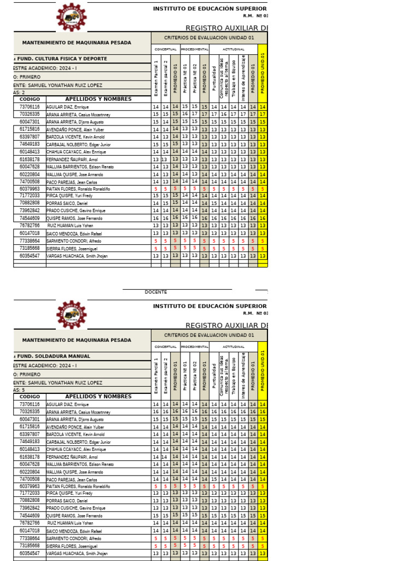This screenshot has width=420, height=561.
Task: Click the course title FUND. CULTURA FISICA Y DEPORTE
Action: [62, 59]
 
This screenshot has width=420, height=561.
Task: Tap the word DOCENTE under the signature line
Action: [156, 292]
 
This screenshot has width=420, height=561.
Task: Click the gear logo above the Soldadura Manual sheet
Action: [71, 315]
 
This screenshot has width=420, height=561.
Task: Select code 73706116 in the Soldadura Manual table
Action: [30, 404]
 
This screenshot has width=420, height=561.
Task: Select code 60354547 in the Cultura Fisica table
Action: [30, 256]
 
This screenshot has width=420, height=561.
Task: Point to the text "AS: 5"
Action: [20, 390]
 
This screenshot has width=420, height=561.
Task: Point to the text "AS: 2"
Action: [20, 93]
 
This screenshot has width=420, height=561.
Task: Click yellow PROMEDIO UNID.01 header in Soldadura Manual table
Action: [263, 371]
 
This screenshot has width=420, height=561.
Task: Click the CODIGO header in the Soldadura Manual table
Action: [30, 397]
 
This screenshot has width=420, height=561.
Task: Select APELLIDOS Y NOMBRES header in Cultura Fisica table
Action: [98, 99]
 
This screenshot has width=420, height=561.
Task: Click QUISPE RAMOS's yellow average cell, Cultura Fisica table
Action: [263, 218]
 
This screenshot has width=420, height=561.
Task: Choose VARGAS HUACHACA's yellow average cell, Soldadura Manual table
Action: [263, 553]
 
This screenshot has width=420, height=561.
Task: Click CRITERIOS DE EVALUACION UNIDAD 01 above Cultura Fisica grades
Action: [209, 38]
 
